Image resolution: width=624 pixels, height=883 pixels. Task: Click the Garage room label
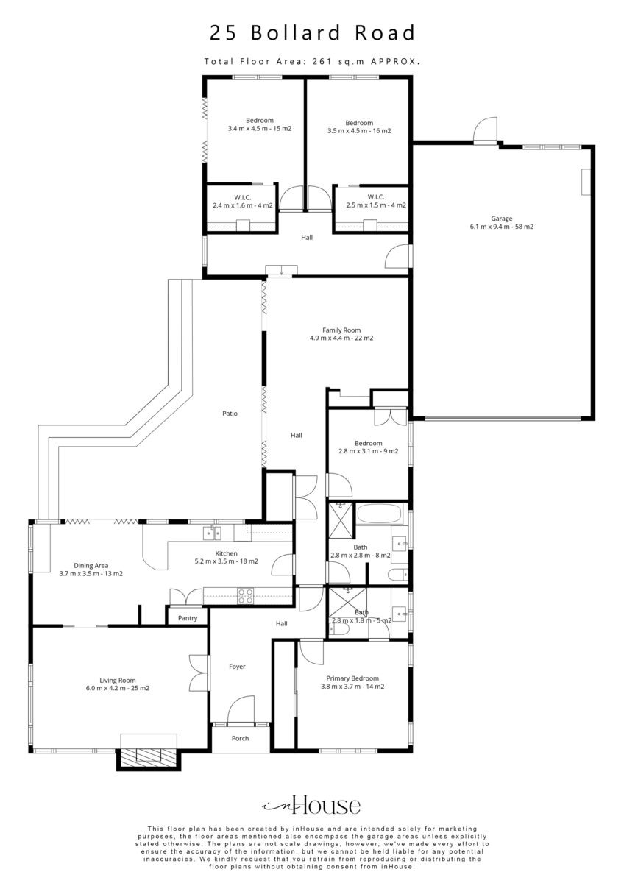501,218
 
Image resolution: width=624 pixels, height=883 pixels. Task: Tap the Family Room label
341,330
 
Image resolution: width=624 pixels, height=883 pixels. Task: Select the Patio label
230,413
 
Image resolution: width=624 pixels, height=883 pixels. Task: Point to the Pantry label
187,617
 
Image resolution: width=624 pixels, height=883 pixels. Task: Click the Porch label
240,738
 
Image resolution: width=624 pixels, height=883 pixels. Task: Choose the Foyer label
237,666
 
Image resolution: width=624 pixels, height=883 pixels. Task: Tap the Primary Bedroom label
352,678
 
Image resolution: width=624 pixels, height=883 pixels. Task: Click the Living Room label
118,680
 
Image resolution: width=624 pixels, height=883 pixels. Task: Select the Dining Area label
91,565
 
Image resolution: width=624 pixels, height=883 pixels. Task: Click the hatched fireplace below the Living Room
148,758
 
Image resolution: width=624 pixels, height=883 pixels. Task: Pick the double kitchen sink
212,533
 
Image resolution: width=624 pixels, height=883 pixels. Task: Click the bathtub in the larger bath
379,514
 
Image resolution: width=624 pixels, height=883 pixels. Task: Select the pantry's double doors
185,597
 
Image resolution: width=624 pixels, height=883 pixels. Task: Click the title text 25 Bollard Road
312,32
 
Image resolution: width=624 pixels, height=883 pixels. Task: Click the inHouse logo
312,806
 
